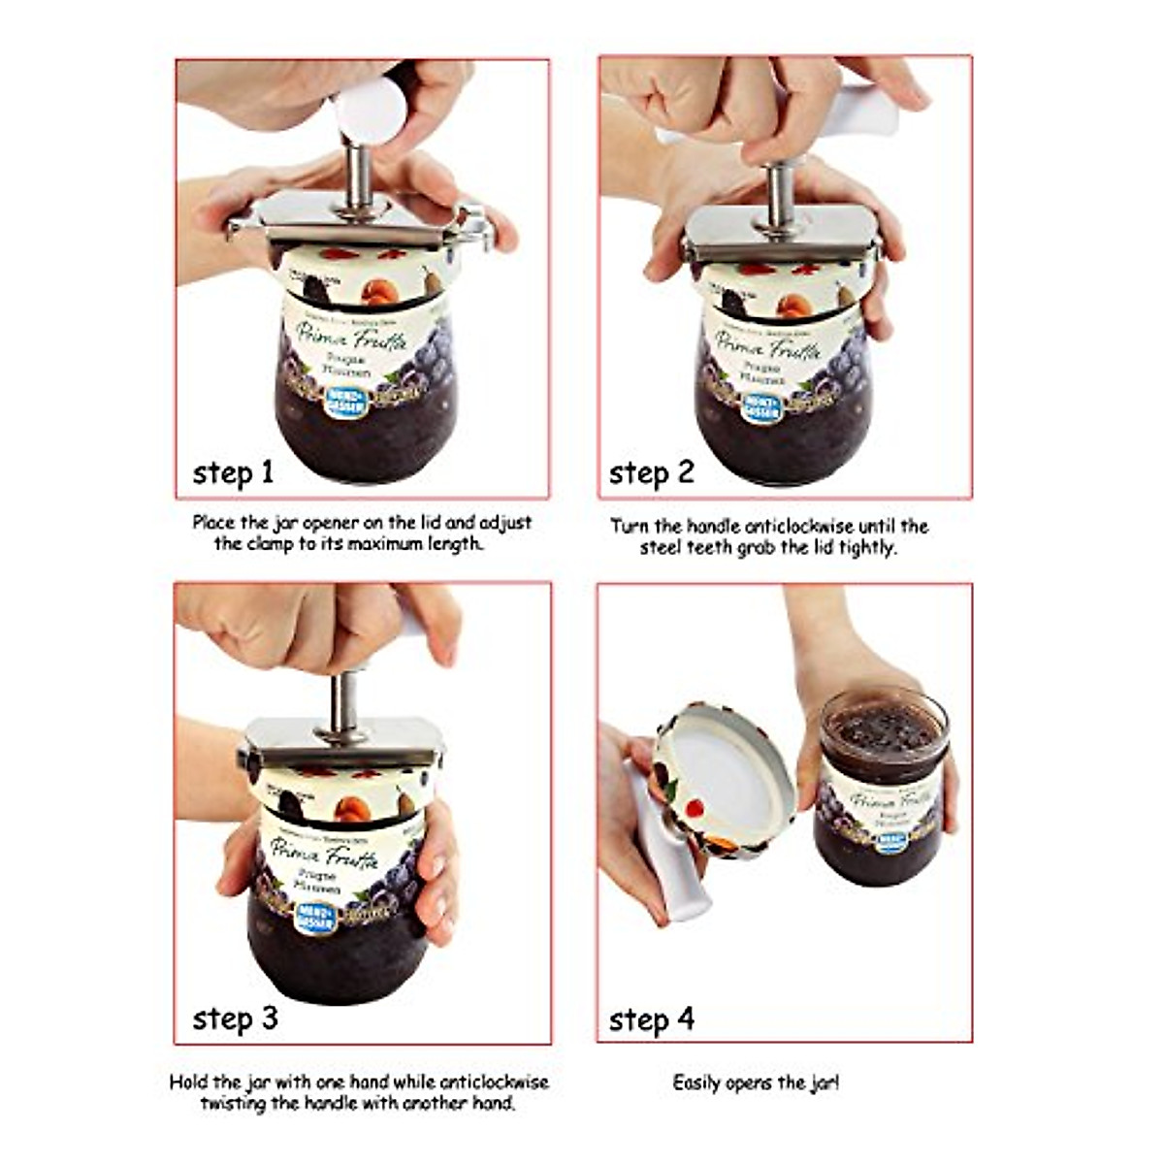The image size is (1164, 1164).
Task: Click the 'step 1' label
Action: pos(233,472)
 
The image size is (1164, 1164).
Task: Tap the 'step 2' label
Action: pos(651,472)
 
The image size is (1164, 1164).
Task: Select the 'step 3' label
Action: pos(235,1018)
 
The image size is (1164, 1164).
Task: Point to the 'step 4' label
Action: pos(651,1019)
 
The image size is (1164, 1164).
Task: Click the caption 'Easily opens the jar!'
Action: pos(756,1082)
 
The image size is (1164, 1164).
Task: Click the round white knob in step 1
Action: pos(369,108)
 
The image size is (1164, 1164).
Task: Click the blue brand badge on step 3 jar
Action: pos(317,915)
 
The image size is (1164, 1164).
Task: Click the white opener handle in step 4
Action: pos(660,854)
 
